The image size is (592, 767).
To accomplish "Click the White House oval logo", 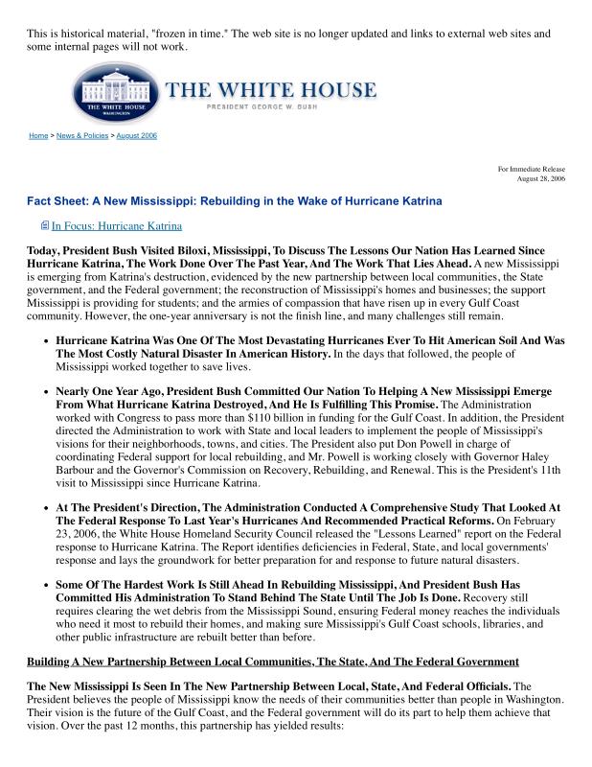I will (112, 93).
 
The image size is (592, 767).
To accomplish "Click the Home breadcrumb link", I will (38, 136).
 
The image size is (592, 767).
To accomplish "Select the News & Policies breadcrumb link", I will (82, 136).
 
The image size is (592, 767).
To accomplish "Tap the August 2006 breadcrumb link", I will (137, 136).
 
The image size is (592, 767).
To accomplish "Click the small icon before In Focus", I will (44, 226).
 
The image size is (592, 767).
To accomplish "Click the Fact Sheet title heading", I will (235, 201).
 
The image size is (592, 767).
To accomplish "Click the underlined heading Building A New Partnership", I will (273, 662).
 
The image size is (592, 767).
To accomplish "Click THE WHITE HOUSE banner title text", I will (271, 91).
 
